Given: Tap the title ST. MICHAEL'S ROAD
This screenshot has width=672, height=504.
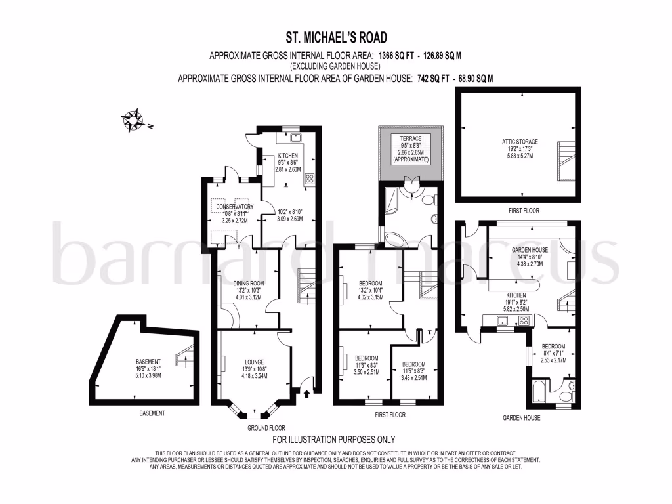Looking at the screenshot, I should pyautogui.click(x=336, y=37).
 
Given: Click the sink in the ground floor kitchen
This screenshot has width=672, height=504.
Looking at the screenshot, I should pyautogui.click(x=295, y=138).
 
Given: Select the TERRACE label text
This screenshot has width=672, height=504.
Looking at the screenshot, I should pyautogui.click(x=411, y=138).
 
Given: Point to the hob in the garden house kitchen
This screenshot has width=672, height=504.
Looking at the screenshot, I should pyautogui.click(x=524, y=320).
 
